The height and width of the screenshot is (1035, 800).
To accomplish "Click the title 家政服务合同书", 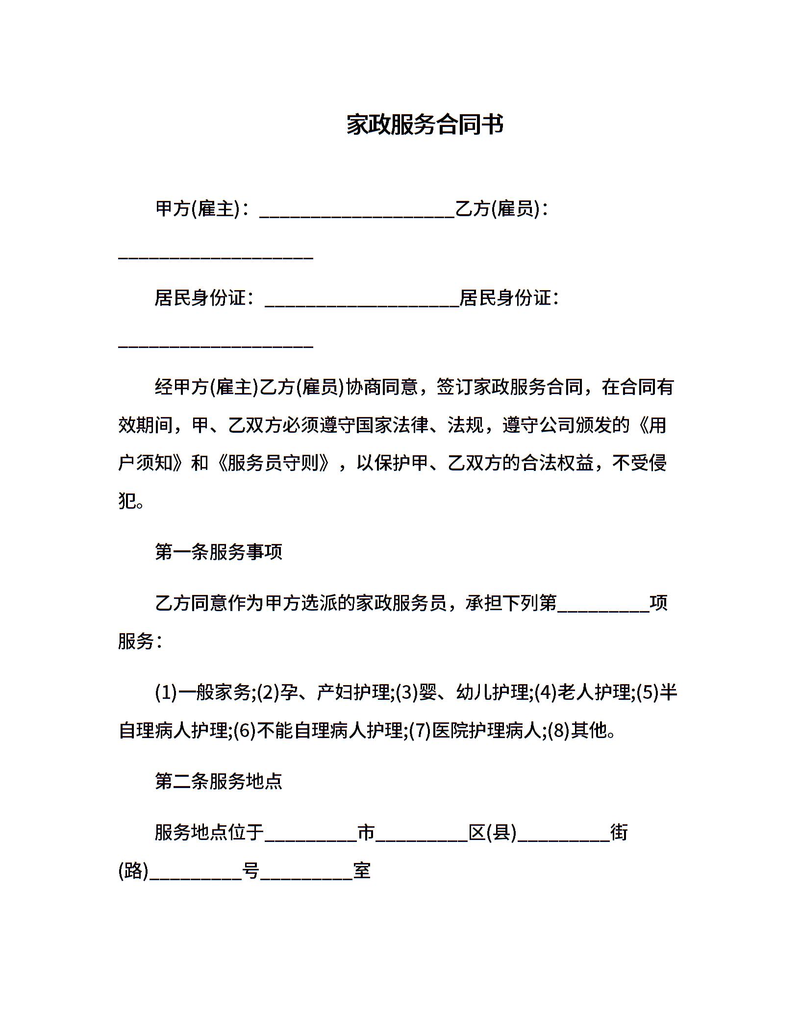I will point(425,125).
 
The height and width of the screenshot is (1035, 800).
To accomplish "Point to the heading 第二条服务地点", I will point(219,781).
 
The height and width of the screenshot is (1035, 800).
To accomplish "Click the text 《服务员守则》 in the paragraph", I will point(271,463).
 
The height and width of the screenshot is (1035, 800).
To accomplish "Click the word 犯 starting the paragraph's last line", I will point(127,501).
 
